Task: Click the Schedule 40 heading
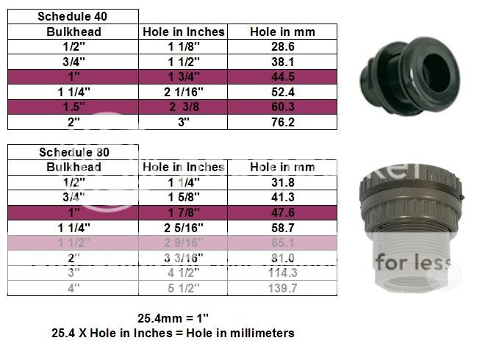[72, 16]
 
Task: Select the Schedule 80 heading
[72, 152]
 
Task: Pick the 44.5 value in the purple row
[282, 76]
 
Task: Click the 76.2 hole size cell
[282, 122]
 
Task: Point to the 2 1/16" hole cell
[183, 92]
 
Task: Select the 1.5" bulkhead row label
[72, 107]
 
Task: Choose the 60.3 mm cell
[282, 107]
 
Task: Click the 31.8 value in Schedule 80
[282, 182]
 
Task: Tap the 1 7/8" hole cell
[183, 213]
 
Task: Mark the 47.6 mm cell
[282, 213]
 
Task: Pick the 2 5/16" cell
[183, 228]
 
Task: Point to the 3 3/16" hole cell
[183, 259]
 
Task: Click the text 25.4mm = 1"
[173, 319]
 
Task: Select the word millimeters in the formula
[258, 333]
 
